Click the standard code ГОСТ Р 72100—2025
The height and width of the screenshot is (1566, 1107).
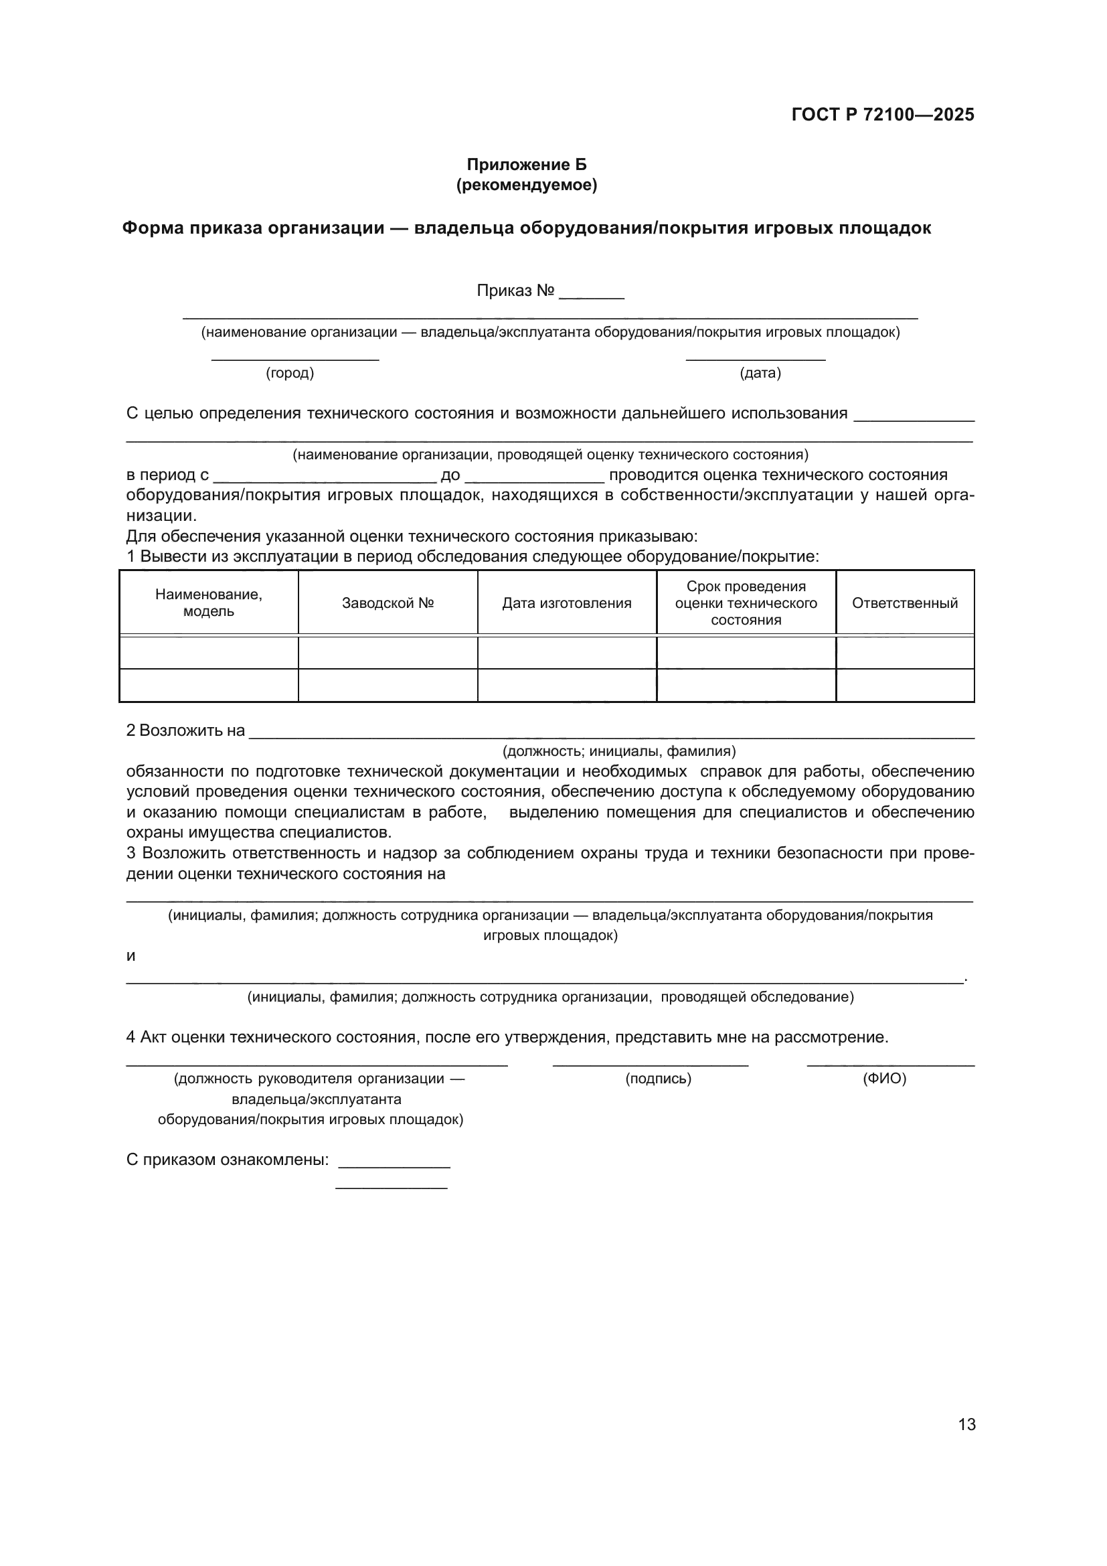(883, 114)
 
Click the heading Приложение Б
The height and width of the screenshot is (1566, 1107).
(526, 165)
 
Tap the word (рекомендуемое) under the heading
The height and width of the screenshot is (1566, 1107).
(526, 185)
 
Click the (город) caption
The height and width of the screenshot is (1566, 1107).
(290, 373)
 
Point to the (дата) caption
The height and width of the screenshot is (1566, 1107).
(760, 373)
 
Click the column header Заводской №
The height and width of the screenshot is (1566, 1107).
(388, 603)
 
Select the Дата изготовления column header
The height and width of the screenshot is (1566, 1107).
(566, 603)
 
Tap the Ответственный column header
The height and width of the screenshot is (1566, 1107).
(905, 603)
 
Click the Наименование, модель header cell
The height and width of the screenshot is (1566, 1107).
(209, 603)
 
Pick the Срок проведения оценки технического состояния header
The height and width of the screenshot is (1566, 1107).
(746, 603)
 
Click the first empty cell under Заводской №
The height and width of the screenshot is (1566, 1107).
(388, 653)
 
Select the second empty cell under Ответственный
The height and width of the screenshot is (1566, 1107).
(905, 685)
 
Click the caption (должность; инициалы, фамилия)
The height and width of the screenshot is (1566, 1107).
(619, 751)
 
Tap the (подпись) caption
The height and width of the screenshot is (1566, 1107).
(658, 1079)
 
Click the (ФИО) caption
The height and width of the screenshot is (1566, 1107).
(884, 1079)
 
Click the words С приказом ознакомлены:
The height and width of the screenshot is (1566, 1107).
(228, 1160)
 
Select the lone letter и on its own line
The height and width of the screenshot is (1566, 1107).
(131, 955)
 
